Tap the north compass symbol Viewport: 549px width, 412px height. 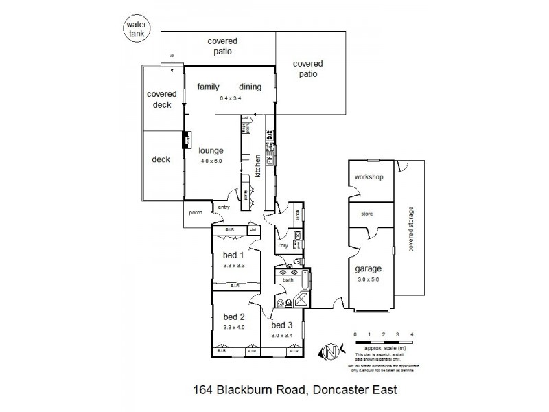click(329, 352)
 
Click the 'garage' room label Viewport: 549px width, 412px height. click(368, 268)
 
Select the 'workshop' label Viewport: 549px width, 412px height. click(368, 177)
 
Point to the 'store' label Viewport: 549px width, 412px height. click(366, 214)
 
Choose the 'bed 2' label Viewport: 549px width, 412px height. click(234, 317)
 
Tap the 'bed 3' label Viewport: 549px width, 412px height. click(282, 325)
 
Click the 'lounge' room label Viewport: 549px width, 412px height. click(211, 150)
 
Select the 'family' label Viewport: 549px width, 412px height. click(208, 87)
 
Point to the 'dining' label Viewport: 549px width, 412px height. click(250, 87)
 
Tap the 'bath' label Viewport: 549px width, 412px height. click(288, 279)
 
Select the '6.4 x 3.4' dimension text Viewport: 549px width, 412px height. click(231, 98)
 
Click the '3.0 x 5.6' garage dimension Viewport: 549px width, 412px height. click(368, 279)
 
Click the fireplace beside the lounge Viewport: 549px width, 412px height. click(185, 140)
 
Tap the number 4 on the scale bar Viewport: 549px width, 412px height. click(411, 334)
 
